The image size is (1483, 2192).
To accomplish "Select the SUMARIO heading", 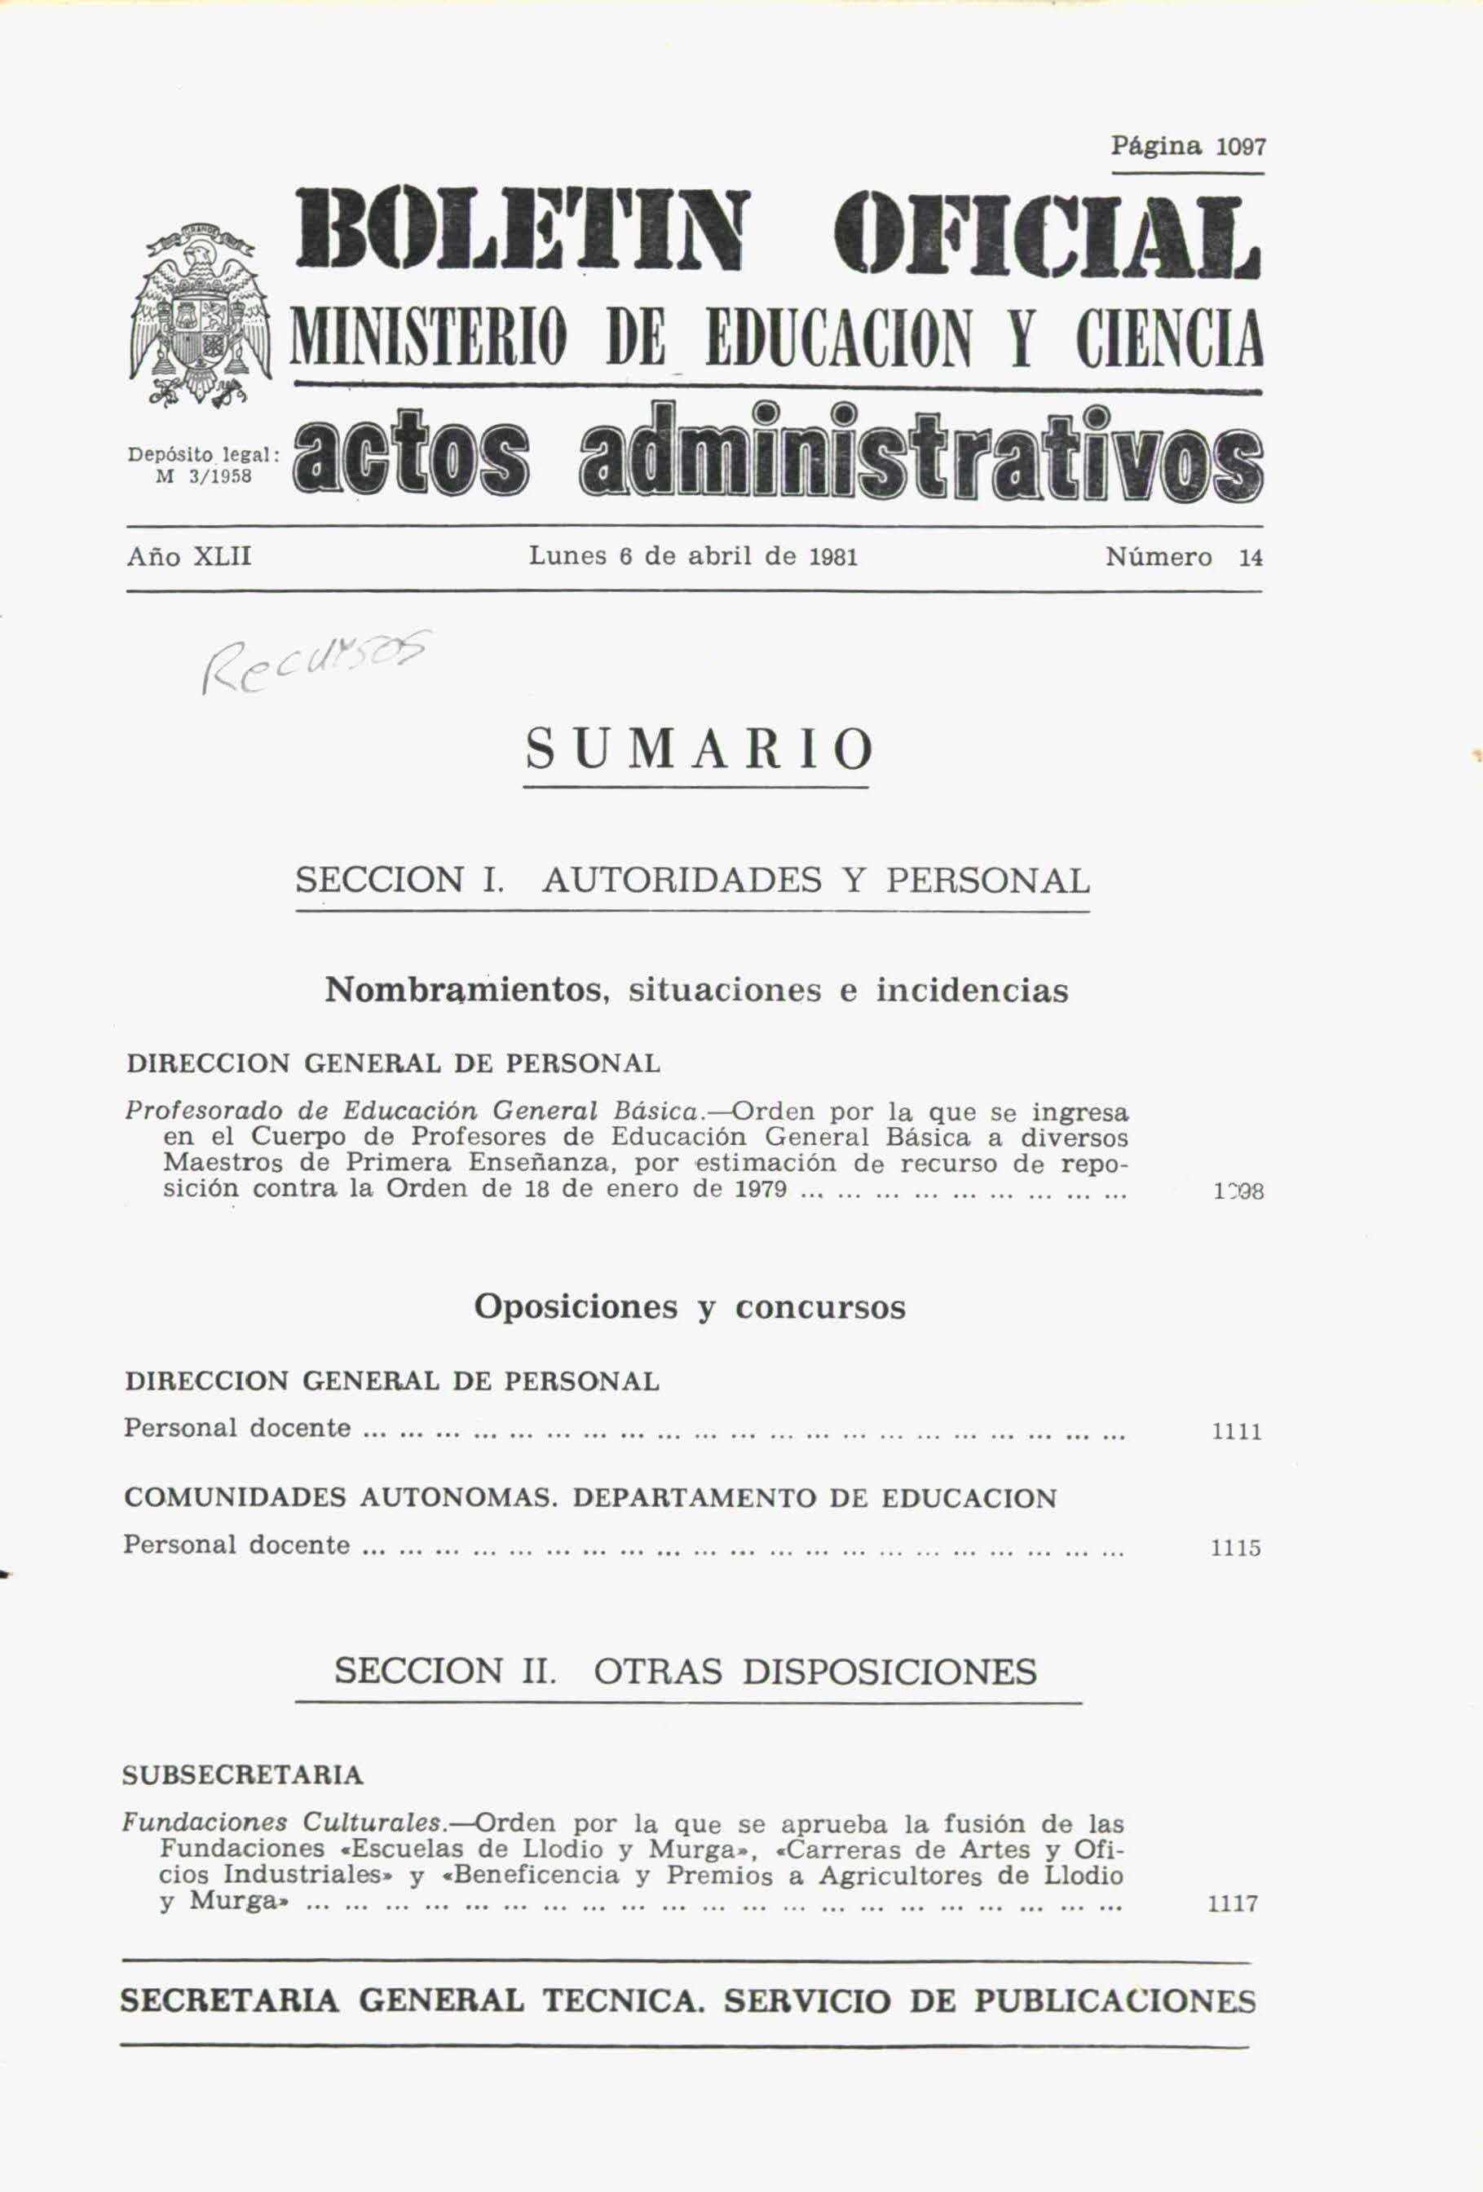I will click(x=699, y=750).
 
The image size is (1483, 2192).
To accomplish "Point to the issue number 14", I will click(x=1250, y=559).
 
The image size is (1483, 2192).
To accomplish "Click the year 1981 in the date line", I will click(x=833, y=556).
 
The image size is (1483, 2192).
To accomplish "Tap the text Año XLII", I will click(x=188, y=556).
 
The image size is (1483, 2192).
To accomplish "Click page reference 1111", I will click(x=1236, y=1433).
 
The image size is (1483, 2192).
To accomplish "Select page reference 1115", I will click(x=1236, y=1549).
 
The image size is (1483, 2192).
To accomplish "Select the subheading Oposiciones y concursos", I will click(x=689, y=1307).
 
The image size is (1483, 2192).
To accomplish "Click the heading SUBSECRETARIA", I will click(x=242, y=1775).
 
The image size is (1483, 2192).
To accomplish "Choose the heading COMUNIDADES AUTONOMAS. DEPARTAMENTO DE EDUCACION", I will click(x=590, y=1499).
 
